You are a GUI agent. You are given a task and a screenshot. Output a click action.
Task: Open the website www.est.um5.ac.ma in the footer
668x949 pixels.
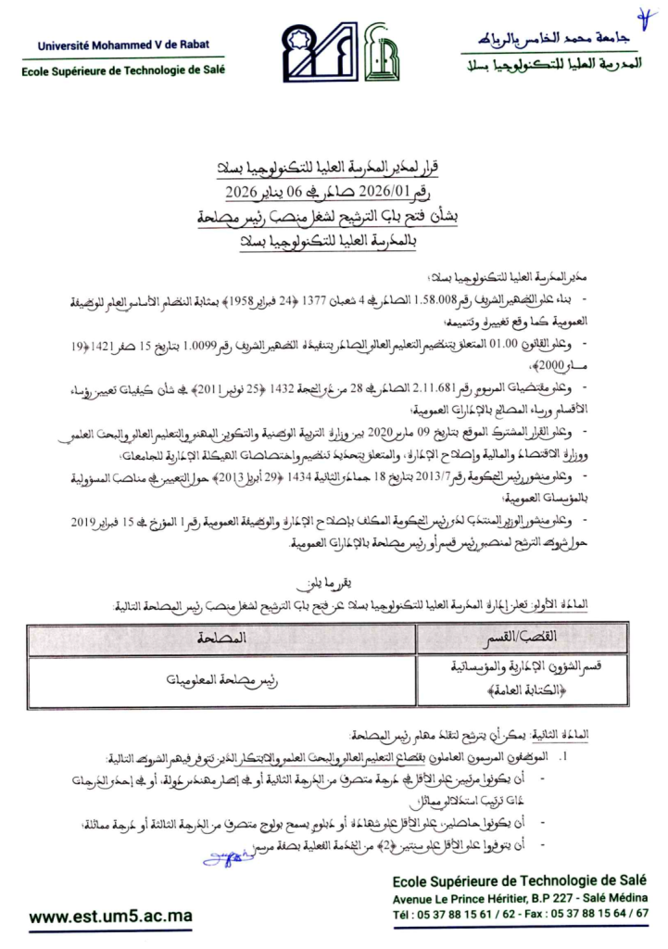(110, 917)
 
